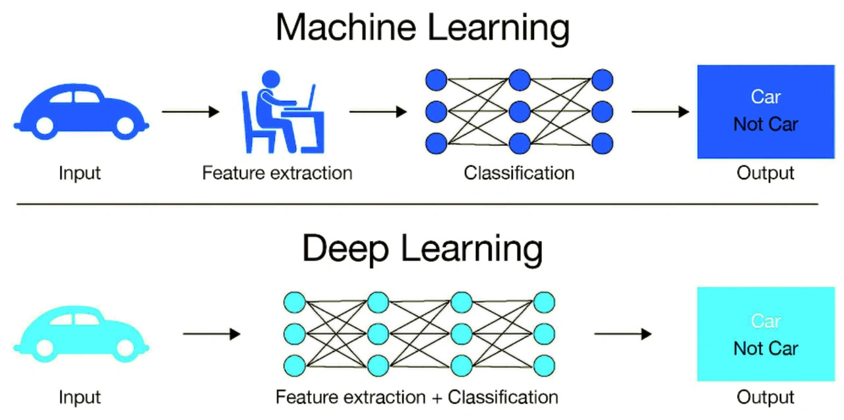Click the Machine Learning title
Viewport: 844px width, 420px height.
coord(422,28)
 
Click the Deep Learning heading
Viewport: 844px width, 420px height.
coord(422,249)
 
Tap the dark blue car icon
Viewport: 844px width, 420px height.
coord(80,112)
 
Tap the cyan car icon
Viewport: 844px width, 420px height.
coord(80,335)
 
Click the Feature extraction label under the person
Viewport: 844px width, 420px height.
coord(277,173)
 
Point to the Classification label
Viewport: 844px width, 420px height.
coord(519,173)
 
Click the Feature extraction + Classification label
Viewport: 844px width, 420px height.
coord(417,398)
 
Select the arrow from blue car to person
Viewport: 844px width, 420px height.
coord(190,112)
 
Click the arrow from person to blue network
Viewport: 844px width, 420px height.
coord(378,112)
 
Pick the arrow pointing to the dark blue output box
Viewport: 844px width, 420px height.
coord(660,112)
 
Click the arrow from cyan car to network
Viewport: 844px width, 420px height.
coord(212,335)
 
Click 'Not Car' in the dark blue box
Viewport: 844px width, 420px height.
coord(766,125)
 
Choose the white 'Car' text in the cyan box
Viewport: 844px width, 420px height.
coord(766,321)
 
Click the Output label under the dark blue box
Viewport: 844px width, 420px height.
coord(766,173)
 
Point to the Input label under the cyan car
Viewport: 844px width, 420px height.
coord(80,398)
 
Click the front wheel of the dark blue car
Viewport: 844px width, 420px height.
coord(123,125)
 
